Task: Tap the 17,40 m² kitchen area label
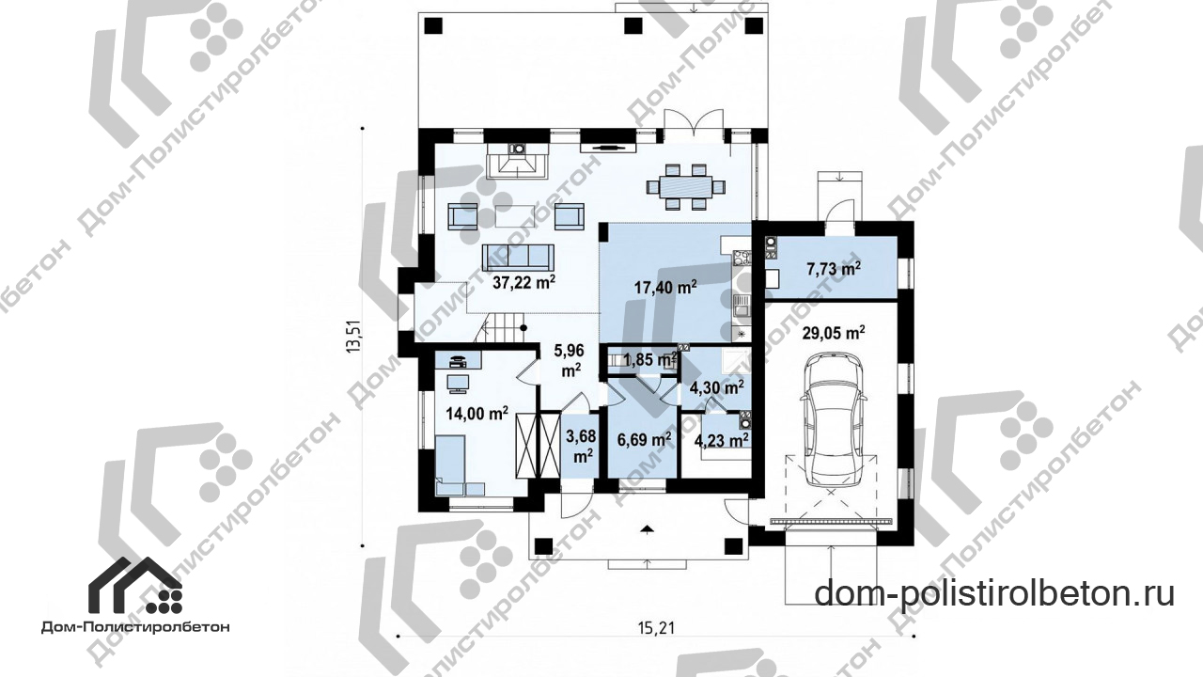[665, 287]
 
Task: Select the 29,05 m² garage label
[834, 333]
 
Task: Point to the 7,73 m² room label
[834, 268]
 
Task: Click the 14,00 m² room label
[477, 413]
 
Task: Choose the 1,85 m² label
[649, 359]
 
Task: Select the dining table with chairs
[686, 187]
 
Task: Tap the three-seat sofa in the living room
[142, 257]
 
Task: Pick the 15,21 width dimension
[656, 627]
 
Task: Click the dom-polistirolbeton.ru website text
[994, 593]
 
